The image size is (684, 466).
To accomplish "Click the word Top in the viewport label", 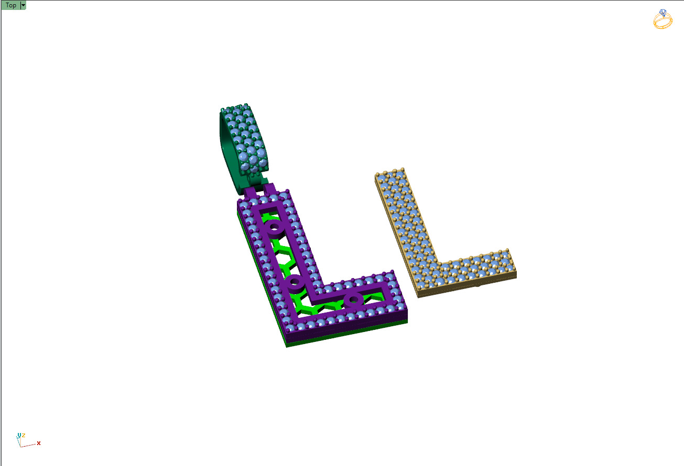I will [10, 5].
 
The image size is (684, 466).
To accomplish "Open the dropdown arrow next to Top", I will [23, 5].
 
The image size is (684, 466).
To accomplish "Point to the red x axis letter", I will [39, 443].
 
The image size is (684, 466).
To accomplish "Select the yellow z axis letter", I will [24, 435].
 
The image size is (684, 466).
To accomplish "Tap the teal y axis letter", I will [19, 435].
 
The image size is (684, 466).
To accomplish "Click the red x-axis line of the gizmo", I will [29, 445].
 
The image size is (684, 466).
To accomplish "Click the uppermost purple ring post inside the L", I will [274, 228].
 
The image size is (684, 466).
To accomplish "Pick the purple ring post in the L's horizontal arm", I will [353, 299].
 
